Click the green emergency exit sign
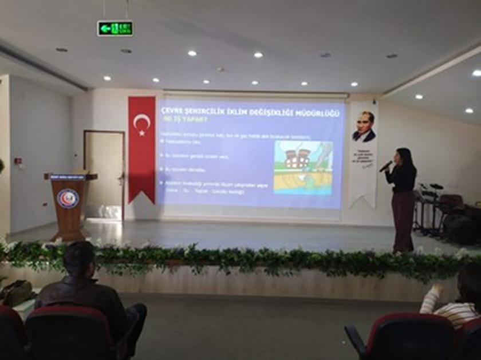coord(115,28)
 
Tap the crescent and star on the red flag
coord(141,123)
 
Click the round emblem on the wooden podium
coord(68,198)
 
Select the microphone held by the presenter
coord(386,166)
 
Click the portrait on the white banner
coord(364,127)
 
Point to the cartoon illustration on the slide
coord(303,167)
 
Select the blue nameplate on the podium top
coord(68,177)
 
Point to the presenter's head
coord(404,156)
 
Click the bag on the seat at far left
coord(16,292)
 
